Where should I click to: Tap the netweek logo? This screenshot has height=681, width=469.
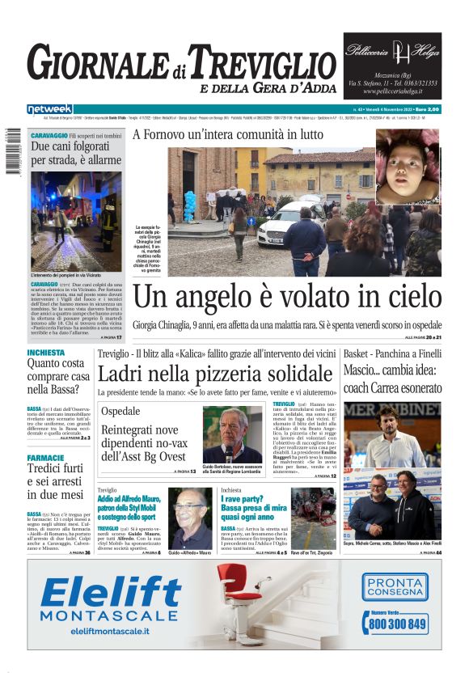click(49, 109)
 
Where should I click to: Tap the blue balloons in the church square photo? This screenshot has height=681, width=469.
click(190, 206)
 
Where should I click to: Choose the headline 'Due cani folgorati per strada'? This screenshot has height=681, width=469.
click(75, 153)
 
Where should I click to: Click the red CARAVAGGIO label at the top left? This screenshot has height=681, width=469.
click(49, 135)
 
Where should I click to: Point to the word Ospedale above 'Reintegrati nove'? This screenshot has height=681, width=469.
click(120, 412)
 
